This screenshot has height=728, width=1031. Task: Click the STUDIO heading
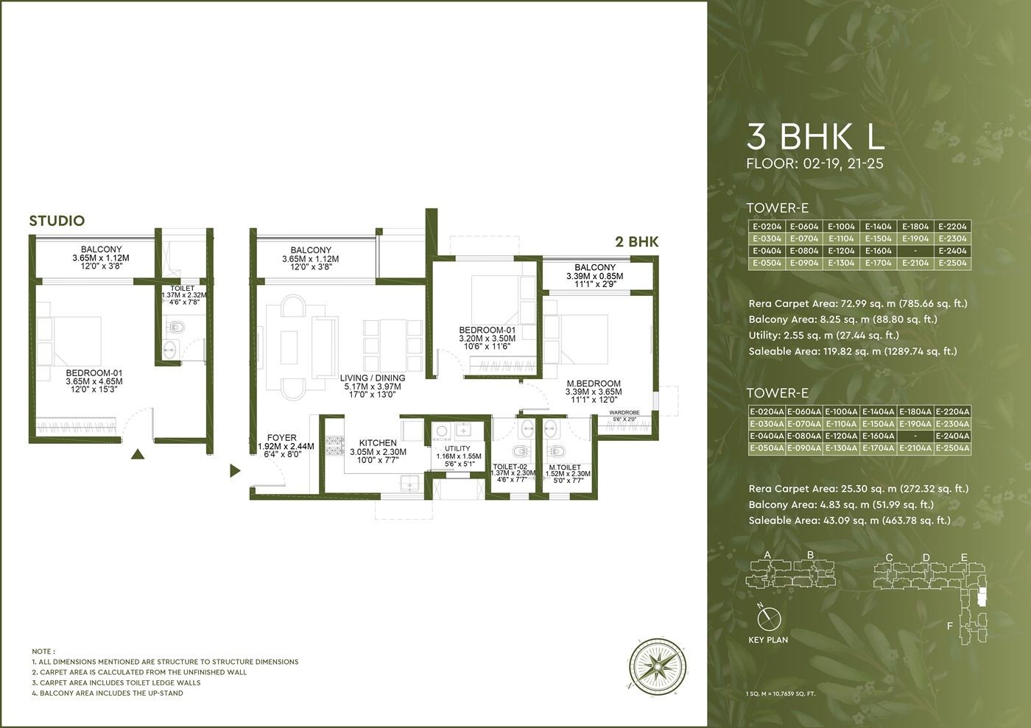point(57,221)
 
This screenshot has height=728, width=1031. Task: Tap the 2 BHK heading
point(636,241)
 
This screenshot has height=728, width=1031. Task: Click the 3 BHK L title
point(815,137)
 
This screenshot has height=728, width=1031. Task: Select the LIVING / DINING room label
point(373,378)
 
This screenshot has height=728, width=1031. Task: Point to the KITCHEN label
point(378,442)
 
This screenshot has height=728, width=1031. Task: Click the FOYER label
point(281,438)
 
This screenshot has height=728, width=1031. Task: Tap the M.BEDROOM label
point(594,384)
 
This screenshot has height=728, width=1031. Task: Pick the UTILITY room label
point(457,448)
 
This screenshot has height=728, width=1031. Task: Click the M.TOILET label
point(565,467)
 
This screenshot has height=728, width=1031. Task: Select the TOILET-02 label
point(510,467)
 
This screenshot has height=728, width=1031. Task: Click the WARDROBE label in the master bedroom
point(624,413)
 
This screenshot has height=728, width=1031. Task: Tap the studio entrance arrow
point(138,454)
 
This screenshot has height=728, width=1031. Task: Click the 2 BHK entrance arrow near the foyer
point(235,471)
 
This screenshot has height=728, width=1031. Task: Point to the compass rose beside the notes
point(658,666)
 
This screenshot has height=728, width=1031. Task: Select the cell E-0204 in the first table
point(767,227)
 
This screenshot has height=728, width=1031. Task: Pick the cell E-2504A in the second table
point(953,448)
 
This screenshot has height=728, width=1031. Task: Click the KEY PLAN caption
point(768,640)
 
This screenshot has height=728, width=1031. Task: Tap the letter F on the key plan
point(949,626)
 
